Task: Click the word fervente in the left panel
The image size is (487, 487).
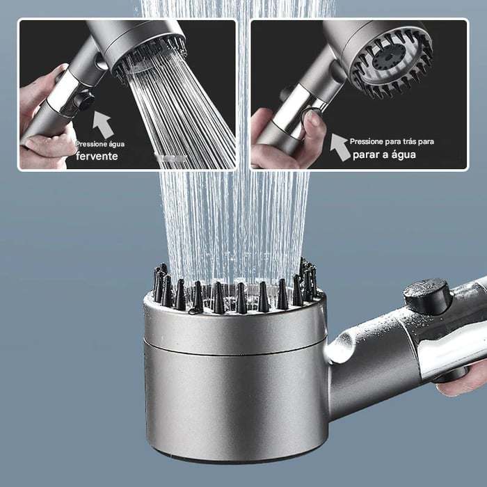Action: point(97,157)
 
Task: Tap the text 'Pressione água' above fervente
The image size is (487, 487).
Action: point(100,144)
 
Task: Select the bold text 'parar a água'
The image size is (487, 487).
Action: point(384,154)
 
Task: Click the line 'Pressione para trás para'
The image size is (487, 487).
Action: point(392,141)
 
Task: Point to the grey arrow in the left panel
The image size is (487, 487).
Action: point(103,125)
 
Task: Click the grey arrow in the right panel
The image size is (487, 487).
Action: point(340,147)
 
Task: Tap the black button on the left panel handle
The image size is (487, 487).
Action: point(84,101)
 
